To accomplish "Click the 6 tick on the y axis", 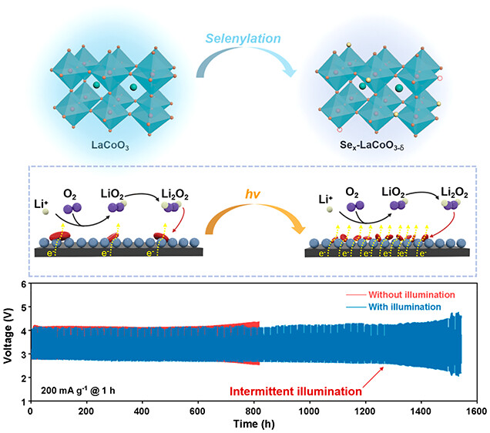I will (x=22, y=284).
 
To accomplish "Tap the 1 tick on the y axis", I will (x=22, y=401).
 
